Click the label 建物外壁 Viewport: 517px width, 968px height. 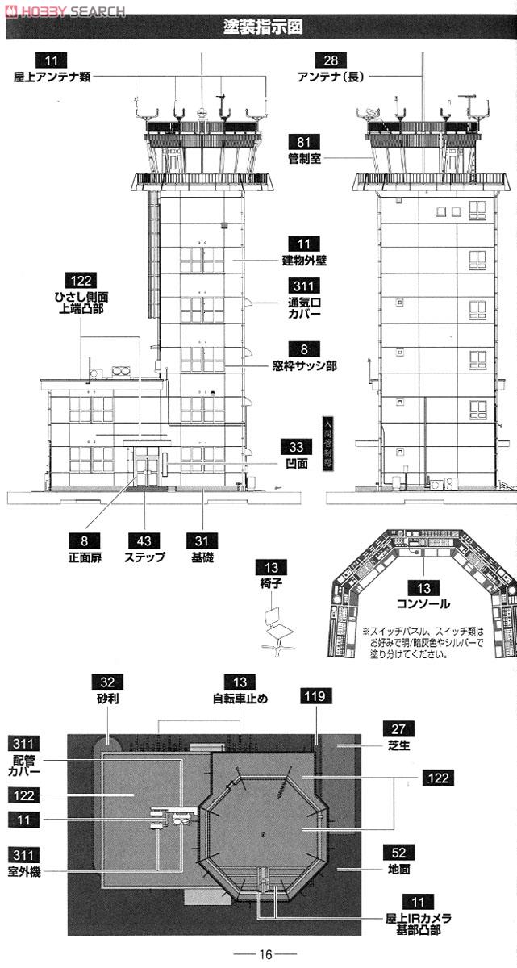(x=304, y=261)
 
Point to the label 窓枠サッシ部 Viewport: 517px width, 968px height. (x=304, y=365)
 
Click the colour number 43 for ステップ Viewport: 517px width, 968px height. (x=144, y=540)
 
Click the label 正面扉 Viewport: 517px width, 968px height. (x=90, y=557)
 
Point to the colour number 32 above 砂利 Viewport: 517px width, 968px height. (x=106, y=682)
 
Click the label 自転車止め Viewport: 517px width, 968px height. (x=240, y=699)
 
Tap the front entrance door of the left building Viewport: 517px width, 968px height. (x=147, y=467)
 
